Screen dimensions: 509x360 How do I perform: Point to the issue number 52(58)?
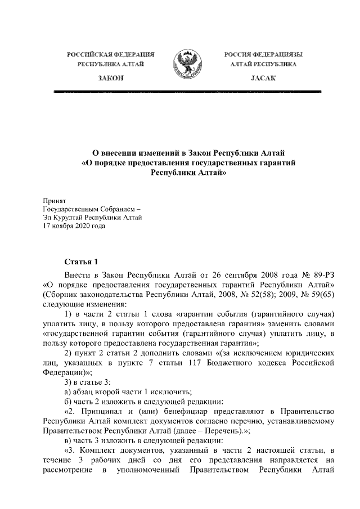click(x=273, y=294)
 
